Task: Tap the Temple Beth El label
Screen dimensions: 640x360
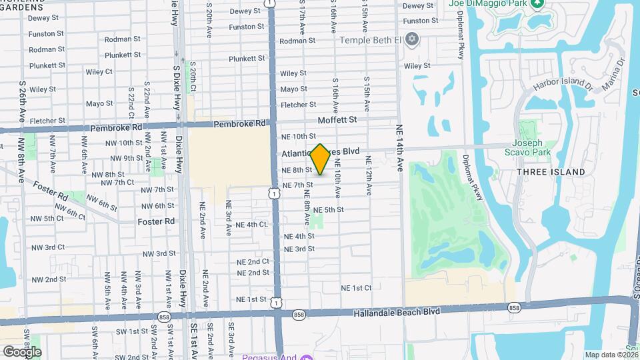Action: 371,40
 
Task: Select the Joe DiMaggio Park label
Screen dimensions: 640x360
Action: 489,4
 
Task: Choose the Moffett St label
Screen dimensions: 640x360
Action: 337,120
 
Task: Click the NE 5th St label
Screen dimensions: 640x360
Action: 328,210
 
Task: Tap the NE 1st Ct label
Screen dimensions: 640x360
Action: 356,288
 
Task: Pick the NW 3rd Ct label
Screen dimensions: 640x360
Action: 48,247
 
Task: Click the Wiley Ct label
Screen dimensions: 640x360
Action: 99,71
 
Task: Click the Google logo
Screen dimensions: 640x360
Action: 22,351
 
